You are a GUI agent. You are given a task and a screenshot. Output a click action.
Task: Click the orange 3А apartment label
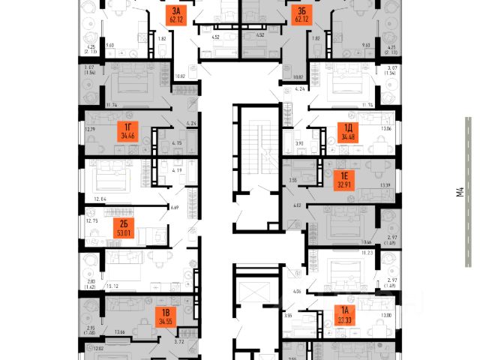tap(177, 15)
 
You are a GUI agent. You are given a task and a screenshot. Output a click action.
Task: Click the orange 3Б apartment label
tap(302, 15)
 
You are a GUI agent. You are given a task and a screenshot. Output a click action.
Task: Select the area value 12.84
tap(97, 199)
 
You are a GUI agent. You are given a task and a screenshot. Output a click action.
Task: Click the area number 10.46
tap(366, 243)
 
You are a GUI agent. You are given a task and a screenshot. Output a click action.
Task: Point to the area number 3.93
tap(298, 142)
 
